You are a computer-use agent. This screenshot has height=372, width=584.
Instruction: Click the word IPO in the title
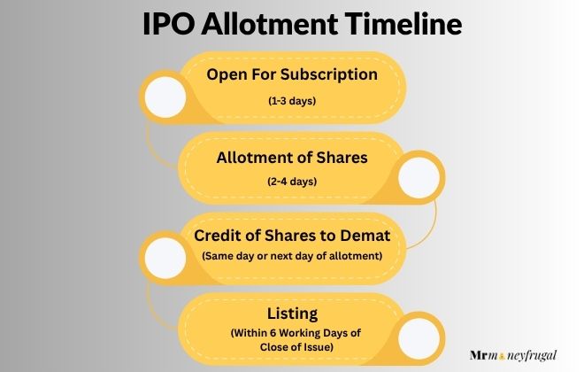tap(169, 25)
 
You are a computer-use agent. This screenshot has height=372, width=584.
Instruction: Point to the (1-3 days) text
tap(292, 101)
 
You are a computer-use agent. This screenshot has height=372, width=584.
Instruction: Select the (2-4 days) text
tap(292, 182)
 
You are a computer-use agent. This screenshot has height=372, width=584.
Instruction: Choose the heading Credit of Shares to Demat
tap(293, 236)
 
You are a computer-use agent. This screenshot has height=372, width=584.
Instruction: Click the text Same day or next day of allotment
tap(292, 257)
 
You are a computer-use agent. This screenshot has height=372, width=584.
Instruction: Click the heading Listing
tap(292, 313)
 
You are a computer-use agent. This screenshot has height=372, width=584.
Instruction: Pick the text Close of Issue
tap(292, 348)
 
